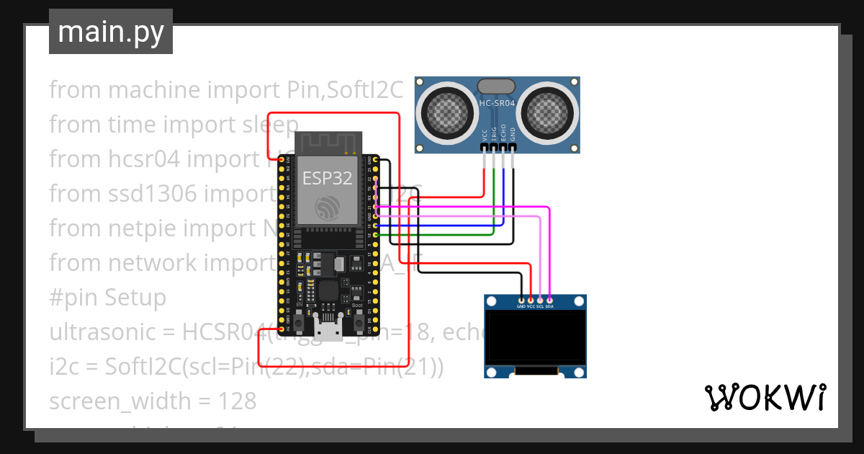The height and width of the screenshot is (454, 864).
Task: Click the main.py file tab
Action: (110, 32)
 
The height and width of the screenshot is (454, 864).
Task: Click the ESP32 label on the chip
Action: (328, 179)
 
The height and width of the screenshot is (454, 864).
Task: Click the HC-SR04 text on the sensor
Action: (497, 104)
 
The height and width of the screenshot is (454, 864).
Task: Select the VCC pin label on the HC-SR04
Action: (485, 134)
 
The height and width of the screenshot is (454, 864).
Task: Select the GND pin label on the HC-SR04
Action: (513, 134)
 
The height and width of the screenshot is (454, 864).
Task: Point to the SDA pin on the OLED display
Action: (549, 306)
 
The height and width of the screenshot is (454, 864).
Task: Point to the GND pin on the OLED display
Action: (521, 306)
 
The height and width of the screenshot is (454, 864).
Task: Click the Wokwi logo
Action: (765, 397)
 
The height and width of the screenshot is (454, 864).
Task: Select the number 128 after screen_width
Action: (237, 401)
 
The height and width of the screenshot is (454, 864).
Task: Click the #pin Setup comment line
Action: (107, 298)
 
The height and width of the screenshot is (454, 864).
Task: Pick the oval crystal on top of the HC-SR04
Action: (497, 86)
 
